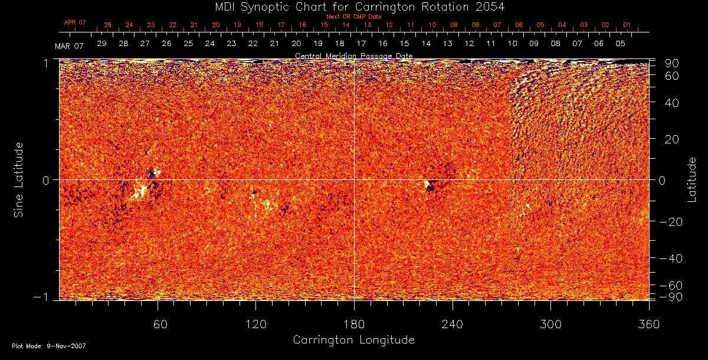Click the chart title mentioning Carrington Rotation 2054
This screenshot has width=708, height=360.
point(353,6)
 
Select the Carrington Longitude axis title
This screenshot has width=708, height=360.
point(353,340)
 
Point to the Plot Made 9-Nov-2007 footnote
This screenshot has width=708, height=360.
point(49,346)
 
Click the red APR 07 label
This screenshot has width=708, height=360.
point(75,22)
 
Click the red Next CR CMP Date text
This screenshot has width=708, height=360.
point(354,17)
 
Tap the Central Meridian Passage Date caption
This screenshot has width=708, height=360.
point(353,55)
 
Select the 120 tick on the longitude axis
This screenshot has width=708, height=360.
point(255,324)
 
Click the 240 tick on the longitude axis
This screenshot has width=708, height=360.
point(452,324)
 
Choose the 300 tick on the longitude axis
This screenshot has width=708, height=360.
point(550,324)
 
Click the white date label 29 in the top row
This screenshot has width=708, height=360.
point(101,44)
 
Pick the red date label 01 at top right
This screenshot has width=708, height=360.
point(627,25)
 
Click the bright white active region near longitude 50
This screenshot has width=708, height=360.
point(140,191)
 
